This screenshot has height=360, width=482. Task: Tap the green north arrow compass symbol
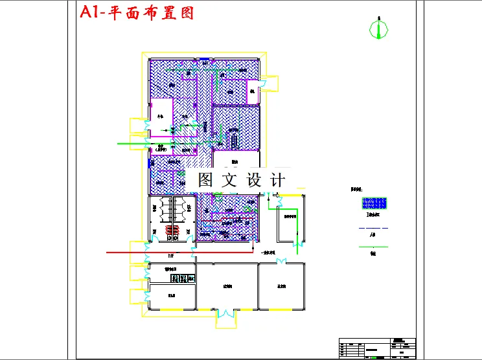[x=379, y=28]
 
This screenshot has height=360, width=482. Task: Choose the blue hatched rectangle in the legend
[x=373, y=204]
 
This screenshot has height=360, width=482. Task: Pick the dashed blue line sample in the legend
[x=373, y=229]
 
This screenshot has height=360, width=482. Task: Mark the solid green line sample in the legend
[x=373, y=247]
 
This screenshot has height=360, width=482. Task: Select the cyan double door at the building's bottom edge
[x=226, y=314]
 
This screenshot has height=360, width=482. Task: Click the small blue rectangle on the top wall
[x=203, y=60]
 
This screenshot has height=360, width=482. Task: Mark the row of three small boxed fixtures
[x=183, y=278]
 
